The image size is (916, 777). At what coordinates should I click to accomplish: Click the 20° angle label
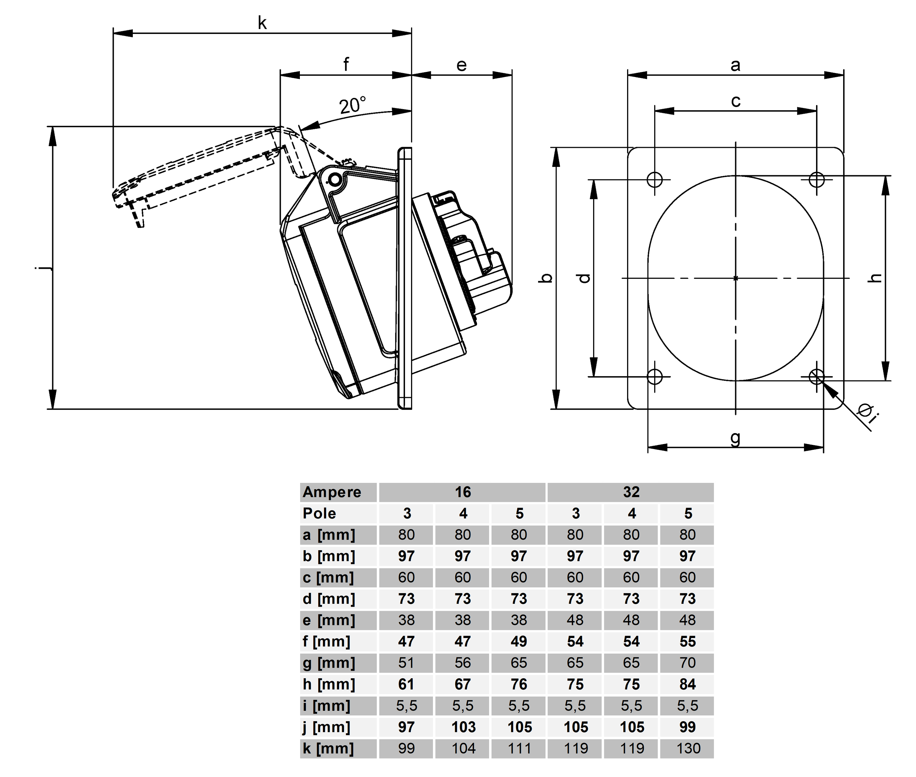(352, 105)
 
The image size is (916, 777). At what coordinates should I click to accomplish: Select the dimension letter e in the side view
(461, 65)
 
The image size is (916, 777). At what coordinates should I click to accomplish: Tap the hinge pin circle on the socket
(335, 180)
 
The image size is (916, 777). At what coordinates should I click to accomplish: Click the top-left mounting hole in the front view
(655, 179)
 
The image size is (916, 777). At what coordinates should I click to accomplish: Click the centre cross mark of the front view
(735, 278)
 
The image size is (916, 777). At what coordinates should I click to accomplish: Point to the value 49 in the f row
(519, 641)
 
